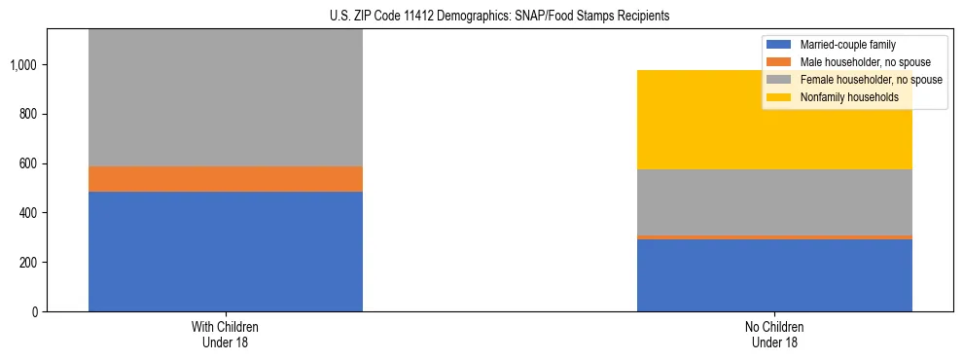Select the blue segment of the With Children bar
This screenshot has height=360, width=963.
click(225, 251)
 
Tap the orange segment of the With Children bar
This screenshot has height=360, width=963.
click(225, 179)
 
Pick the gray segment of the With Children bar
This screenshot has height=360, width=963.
click(225, 97)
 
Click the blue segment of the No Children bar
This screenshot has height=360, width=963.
click(774, 275)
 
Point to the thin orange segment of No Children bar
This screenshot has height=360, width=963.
click(774, 236)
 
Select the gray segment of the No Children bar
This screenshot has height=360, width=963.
click(774, 201)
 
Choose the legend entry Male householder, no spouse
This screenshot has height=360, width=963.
click(856, 62)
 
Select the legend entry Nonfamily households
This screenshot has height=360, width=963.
click(842, 97)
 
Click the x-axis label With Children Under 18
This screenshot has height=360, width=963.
click(225, 334)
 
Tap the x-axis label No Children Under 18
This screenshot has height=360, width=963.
click(774, 334)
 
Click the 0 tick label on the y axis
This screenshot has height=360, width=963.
click(35, 312)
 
